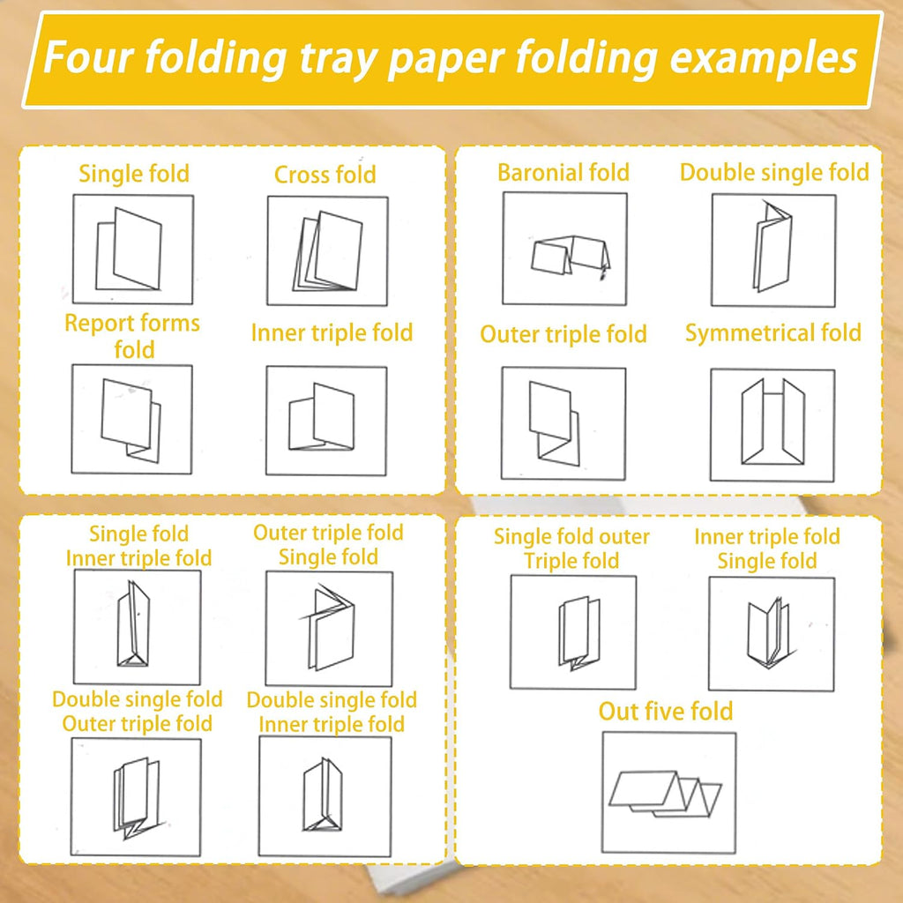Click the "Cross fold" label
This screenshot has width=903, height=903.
coord(325,175)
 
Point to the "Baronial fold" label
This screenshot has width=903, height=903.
coord(563,172)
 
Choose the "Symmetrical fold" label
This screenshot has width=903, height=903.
coord(772,332)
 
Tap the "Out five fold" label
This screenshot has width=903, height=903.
coord(666,712)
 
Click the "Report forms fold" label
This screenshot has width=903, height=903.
coord(132,336)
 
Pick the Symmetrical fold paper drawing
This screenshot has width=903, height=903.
coord(772,422)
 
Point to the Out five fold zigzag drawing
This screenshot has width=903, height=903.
coord(665,794)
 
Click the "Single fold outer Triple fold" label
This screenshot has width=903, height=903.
coord(571,549)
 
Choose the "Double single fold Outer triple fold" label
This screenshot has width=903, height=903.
coord(137,712)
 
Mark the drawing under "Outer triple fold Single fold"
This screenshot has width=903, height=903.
coord(327,627)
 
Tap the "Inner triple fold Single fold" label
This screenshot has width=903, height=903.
coord(767,549)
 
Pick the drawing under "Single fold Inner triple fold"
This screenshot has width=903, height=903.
coord(133,624)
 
